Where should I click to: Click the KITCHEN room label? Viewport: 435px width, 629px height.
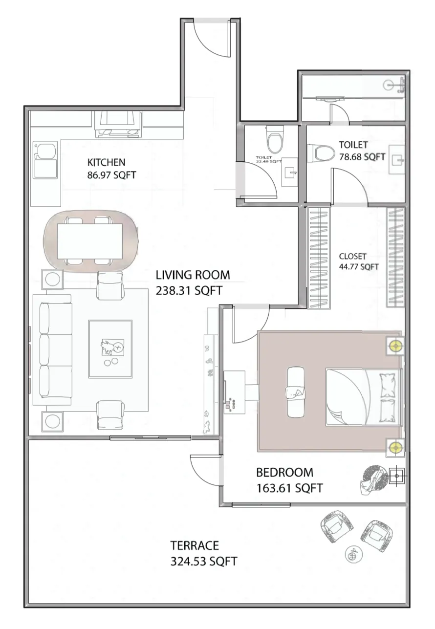point(106,162)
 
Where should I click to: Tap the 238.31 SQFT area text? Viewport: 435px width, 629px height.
point(189,291)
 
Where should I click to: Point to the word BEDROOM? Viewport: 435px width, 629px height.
point(284,473)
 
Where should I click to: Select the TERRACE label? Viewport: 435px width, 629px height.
point(194,545)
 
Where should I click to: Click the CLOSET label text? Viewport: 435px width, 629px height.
point(352,256)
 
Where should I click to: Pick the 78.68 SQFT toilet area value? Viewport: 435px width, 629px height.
point(362,157)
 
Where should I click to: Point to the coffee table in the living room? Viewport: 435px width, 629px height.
point(110,349)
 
